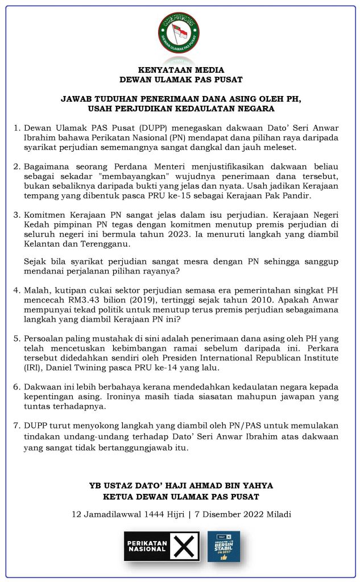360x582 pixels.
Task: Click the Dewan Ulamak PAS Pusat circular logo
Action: (x=179, y=32)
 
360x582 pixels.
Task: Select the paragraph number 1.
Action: (x=17, y=127)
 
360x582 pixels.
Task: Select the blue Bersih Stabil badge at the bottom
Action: (x=224, y=546)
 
